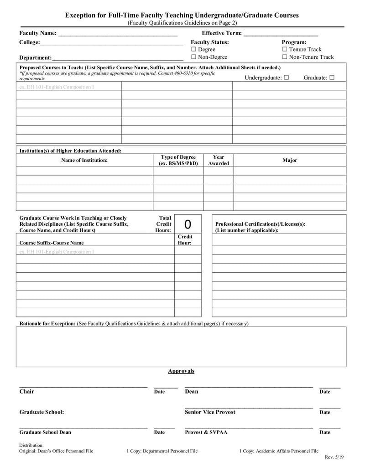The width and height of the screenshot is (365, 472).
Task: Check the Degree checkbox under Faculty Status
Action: (x=194, y=49)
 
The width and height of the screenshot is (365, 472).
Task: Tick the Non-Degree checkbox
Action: (x=194, y=57)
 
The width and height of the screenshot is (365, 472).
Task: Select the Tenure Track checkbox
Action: (x=285, y=49)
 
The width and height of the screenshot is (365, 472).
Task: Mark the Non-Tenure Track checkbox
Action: (x=285, y=57)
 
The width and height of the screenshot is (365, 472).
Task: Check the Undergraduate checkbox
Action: (x=286, y=78)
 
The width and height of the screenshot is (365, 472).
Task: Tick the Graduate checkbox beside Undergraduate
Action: (x=332, y=78)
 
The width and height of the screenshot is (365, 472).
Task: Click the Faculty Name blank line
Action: (x=118, y=33)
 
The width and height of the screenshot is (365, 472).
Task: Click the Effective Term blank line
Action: (x=281, y=33)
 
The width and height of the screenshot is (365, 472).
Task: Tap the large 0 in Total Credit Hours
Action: (x=188, y=224)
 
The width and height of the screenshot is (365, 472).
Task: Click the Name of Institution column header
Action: (x=84, y=160)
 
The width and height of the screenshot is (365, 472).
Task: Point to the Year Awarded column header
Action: (x=219, y=160)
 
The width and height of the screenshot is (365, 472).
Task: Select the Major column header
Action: (x=290, y=160)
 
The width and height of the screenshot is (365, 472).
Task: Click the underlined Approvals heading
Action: (x=181, y=371)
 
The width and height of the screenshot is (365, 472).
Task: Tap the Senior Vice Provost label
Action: (x=210, y=412)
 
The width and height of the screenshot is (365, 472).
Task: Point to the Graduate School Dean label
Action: (x=45, y=432)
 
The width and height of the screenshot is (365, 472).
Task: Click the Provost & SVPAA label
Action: (x=206, y=432)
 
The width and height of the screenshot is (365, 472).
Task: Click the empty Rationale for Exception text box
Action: (x=181, y=347)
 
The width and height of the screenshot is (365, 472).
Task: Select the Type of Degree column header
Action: (x=178, y=160)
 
